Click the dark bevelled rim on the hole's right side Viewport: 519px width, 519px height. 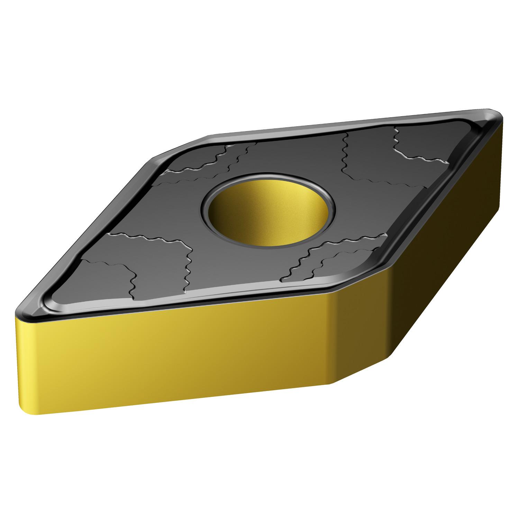click(333, 211)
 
